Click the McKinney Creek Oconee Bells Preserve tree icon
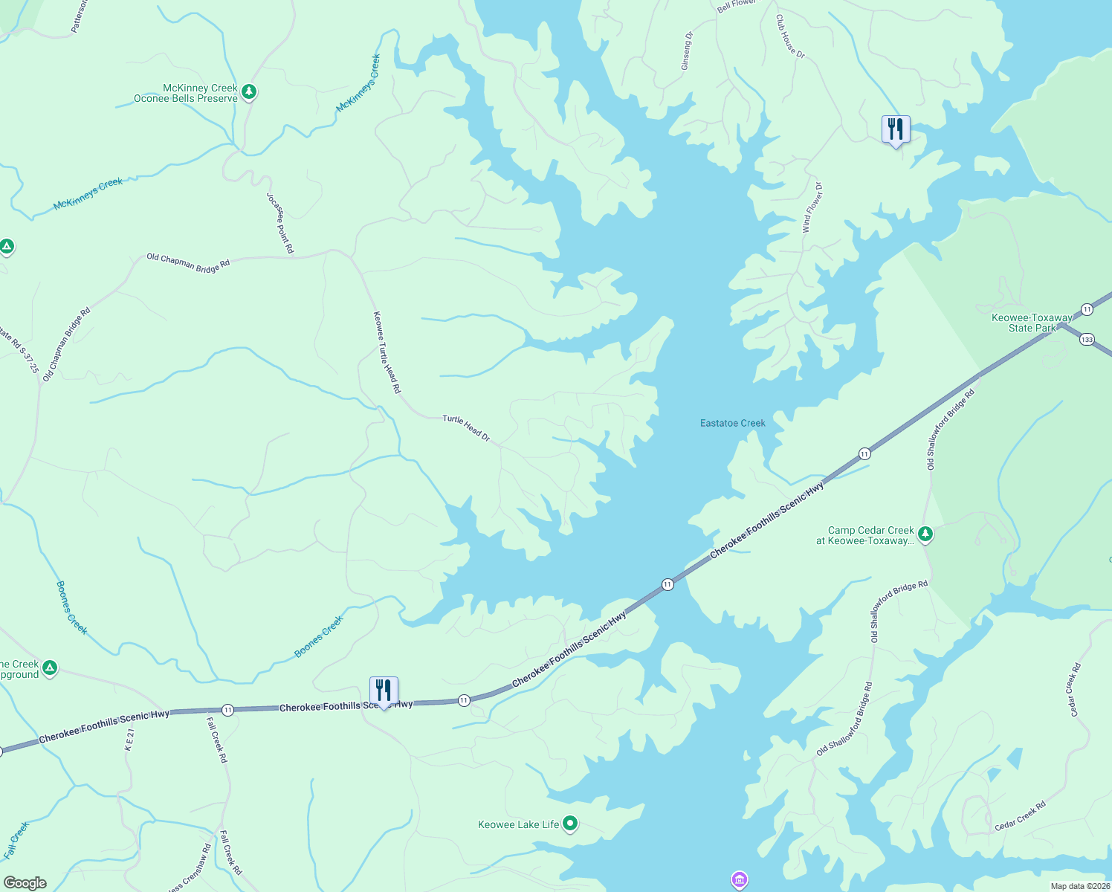click(249, 92)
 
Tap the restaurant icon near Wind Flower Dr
click(895, 129)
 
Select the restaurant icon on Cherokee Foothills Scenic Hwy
click(384, 691)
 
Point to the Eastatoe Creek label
click(732, 423)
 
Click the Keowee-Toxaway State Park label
click(1032, 323)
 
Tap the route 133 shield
click(1087, 340)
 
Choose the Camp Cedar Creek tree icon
click(925, 534)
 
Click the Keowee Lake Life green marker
click(570, 823)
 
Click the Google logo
click(25, 883)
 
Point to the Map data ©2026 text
click(1079, 886)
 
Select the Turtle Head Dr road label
click(466, 428)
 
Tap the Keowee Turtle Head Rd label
click(387, 352)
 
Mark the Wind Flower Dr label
click(812, 208)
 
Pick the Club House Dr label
click(790, 36)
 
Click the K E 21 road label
click(129, 740)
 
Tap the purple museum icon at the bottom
click(739, 880)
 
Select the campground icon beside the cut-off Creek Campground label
click(50, 668)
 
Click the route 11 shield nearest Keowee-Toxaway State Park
click(1087, 309)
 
